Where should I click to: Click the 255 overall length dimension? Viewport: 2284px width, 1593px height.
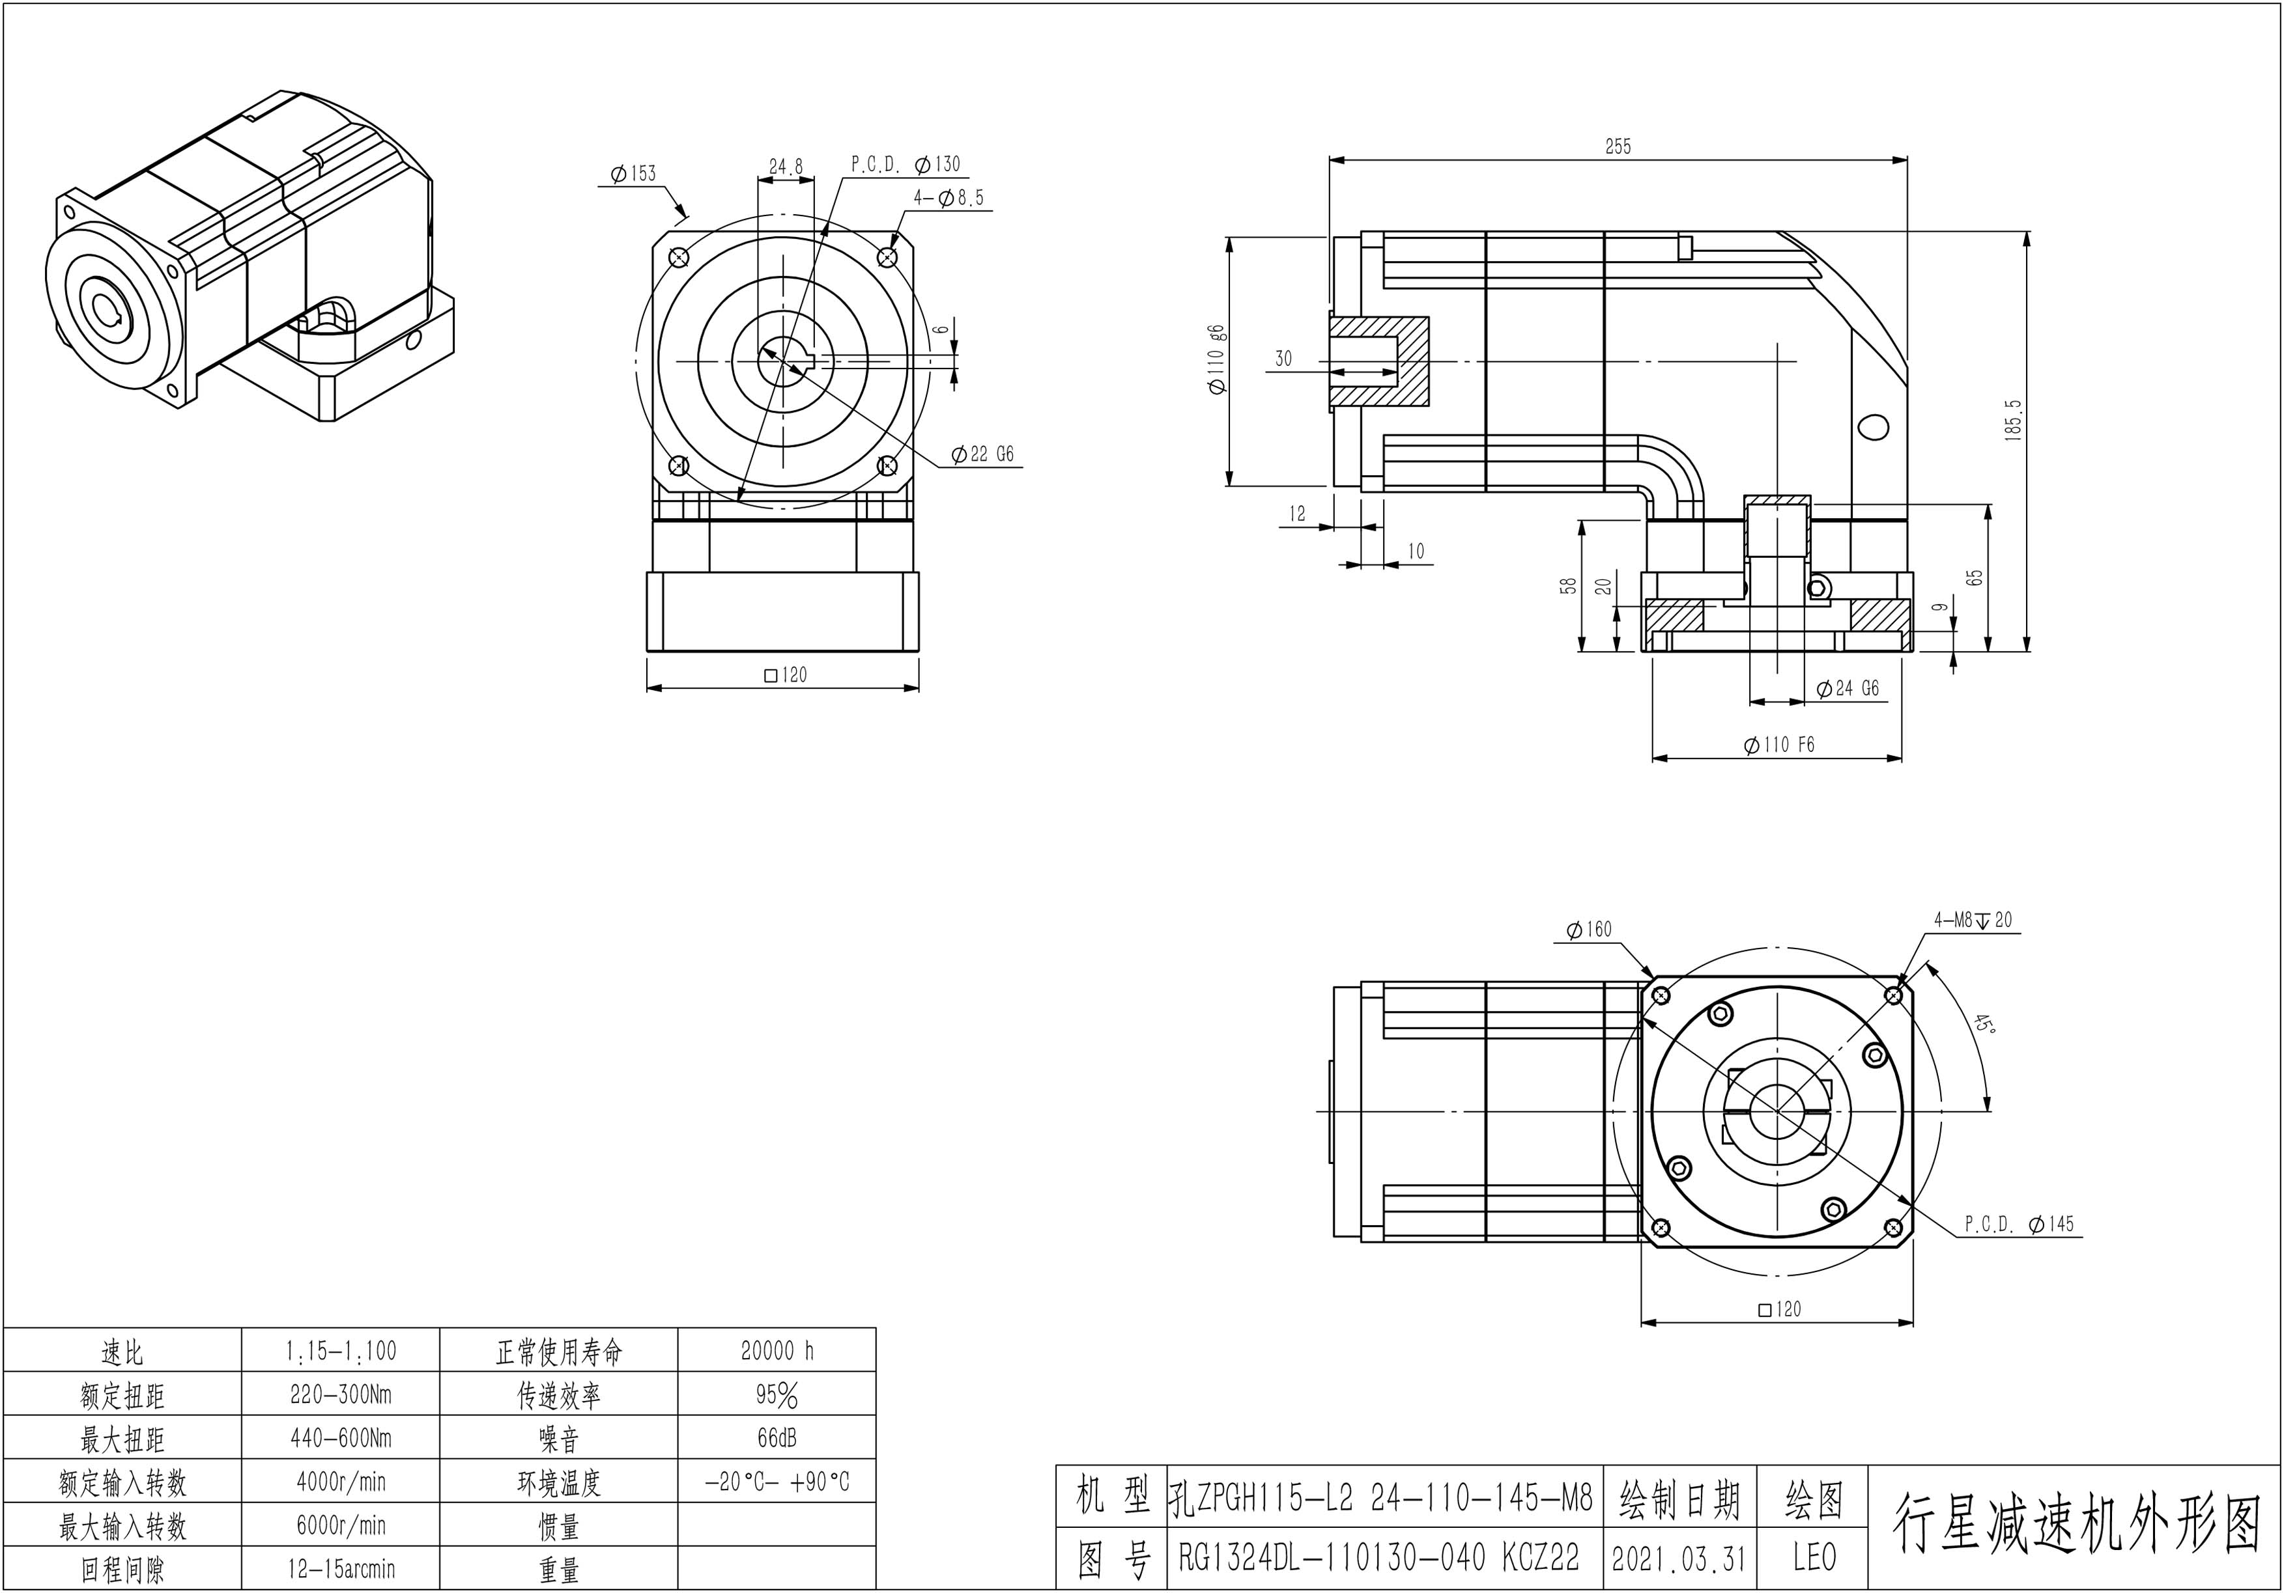point(1618,146)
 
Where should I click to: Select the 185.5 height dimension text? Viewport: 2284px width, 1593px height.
point(2014,421)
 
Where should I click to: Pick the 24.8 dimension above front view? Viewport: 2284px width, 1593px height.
point(786,166)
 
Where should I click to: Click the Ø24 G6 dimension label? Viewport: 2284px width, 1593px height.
point(1848,688)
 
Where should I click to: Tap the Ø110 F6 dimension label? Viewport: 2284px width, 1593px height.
point(1780,745)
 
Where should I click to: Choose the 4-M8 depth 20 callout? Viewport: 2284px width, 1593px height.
point(1973,920)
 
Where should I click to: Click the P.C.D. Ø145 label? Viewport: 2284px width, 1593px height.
point(2020,1224)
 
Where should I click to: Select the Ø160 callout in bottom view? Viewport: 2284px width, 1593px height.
point(1589,930)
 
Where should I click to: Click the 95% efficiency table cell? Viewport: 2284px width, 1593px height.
point(777,1395)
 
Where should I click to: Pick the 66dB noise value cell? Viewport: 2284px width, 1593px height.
point(777,1438)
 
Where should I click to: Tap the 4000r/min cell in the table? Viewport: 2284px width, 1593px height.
point(341,1482)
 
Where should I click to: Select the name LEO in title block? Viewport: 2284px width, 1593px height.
point(1814,1557)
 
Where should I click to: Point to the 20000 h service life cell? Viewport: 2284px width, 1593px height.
point(777,1350)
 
